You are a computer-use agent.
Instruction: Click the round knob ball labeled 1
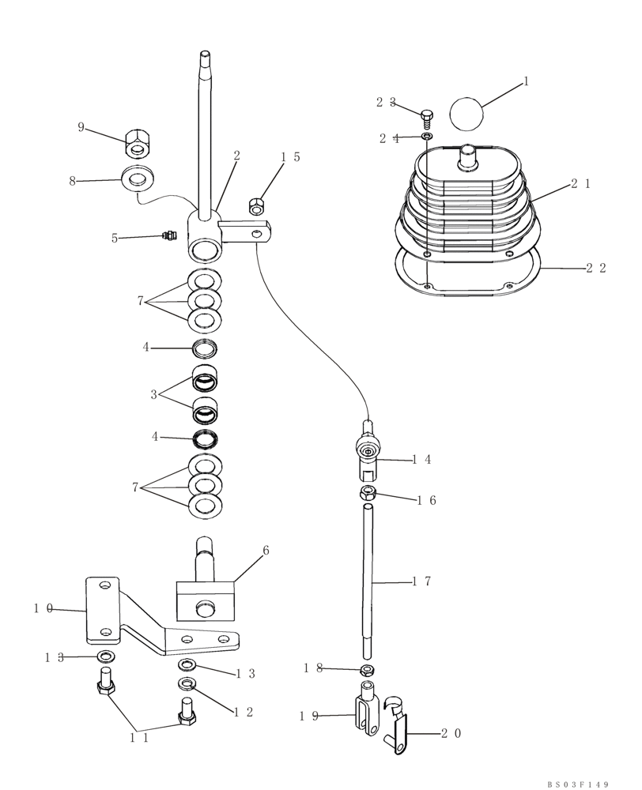[x=466, y=112]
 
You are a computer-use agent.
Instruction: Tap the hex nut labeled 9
[x=138, y=145]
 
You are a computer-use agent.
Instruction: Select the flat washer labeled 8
[x=138, y=179]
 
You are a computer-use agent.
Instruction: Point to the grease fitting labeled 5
[x=167, y=235]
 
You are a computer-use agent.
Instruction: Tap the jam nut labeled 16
[x=367, y=494]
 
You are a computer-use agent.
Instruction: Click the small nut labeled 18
[x=367, y=670]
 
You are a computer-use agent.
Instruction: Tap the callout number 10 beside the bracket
[x=43, y=608]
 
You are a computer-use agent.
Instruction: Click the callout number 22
[x=596, y=268]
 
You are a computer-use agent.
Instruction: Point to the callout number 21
[x=581, y=184]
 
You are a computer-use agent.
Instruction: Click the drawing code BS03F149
[x=578, y=784]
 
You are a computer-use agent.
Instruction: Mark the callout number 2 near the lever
[x=236, y=157]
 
